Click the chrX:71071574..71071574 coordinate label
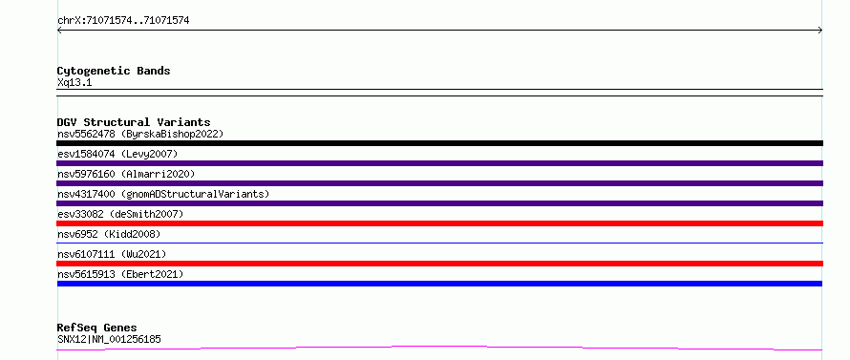click(123, 21)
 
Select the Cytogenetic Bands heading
click(114, 71)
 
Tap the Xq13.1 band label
click(74, 83)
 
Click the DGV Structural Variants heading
click(134, 122)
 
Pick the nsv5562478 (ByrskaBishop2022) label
click(140, 134)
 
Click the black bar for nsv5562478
click(439, 143)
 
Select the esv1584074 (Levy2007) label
click(117, 154)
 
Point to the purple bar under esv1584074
click(439, 163)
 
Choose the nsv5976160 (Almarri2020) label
click(126, 174)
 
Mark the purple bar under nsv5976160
click(439, 183)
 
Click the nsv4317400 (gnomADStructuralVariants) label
click(163, 194)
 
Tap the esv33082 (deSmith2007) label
click(120, 214)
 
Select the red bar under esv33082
click(439, 223)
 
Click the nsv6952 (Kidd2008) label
click(109, 234)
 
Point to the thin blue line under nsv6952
click(439, 243)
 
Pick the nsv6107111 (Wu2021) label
click(112, 254)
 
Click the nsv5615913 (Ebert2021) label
click(120, 274)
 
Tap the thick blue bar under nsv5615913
click(439, 284)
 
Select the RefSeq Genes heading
click(97, 328)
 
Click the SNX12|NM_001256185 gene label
click(109, 339)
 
